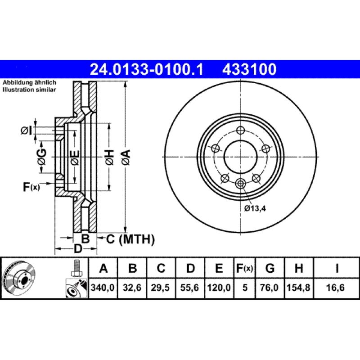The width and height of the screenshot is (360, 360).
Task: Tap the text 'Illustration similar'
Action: pos(29,90)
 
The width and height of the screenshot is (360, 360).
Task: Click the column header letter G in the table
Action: pos(270,269)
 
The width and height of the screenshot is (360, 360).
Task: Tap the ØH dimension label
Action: pos(109,157)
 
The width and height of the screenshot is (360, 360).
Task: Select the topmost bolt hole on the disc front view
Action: pos(240,130)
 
